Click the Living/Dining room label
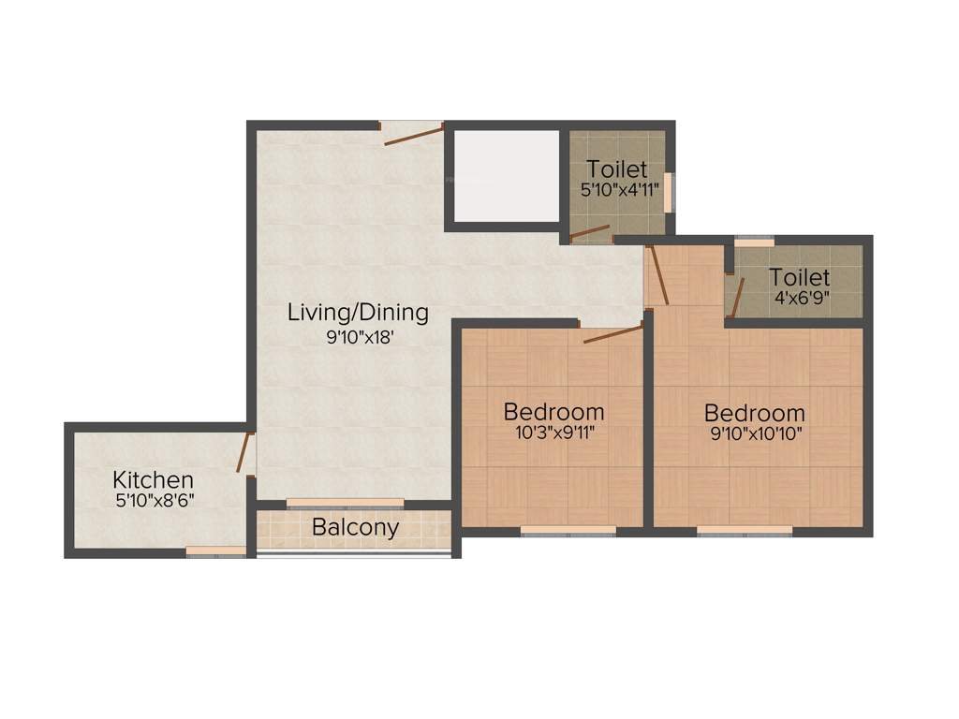click(358, 312)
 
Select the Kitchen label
click(154, 479)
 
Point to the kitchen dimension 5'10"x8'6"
click(155, 501)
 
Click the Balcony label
click(355, 527)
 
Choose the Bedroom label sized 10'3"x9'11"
click(553, 411)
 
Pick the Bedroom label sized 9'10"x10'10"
click(754, 412)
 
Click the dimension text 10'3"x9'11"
click(553, 433)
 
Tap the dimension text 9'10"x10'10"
click(755, 433)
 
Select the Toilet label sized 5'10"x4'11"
click(616, 169)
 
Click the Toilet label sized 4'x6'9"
click(799, 277)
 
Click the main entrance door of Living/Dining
click(412, 135)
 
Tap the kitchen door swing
click(243, 452)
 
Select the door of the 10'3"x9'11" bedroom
click(612, 333)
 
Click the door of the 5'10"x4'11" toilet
click(590, 231)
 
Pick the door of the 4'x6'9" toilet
click(736, 298)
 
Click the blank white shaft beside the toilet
click(506, 175)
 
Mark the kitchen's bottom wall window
click(215, 551)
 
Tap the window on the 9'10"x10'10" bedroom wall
click(745, 530)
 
